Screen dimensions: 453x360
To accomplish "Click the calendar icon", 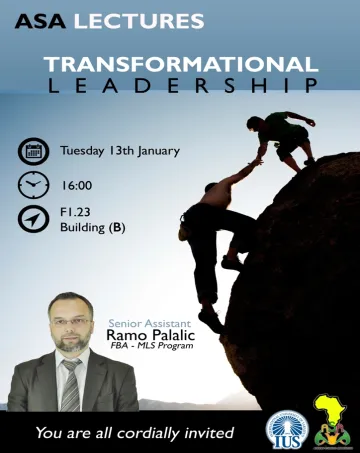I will (33, 152).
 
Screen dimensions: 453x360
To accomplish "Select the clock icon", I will (33, 186).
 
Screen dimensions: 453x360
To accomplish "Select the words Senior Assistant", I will (146, 322).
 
